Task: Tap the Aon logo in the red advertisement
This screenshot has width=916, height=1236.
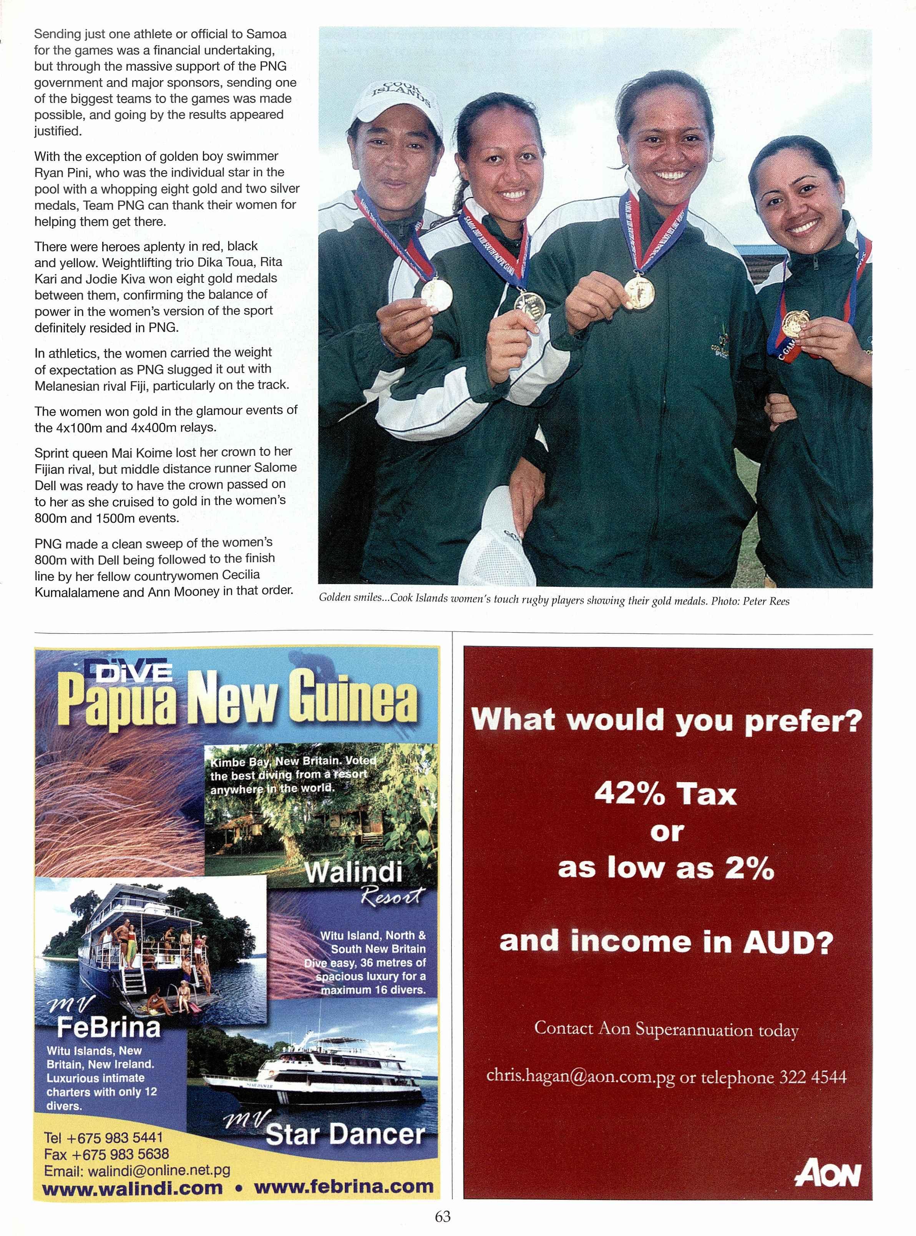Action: click(828, 1174)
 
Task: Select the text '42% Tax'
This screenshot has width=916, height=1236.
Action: click(665, 795)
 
